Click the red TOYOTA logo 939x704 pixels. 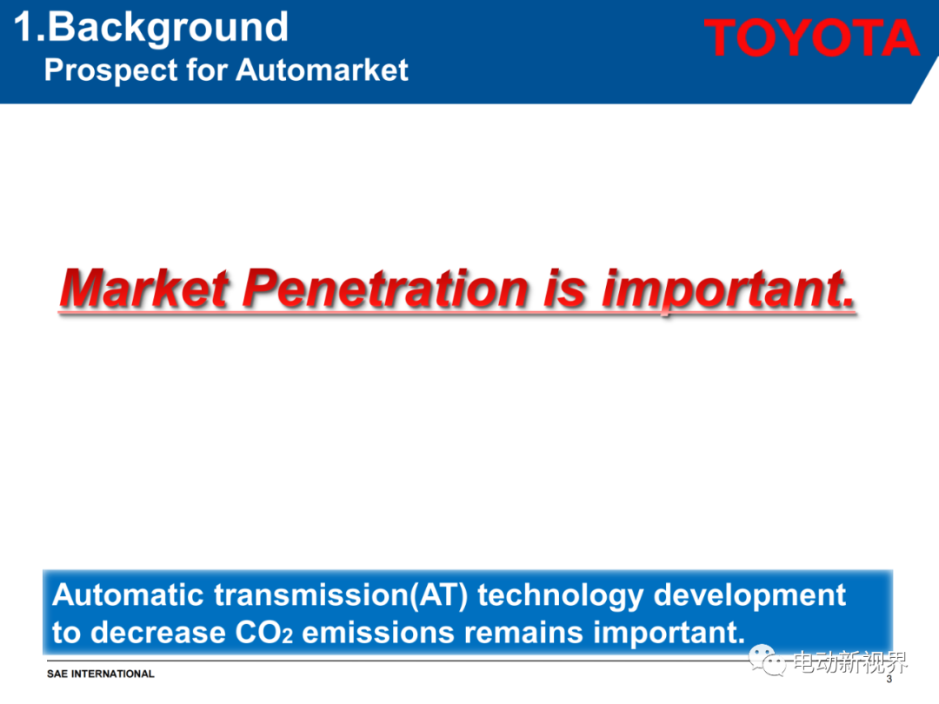pos(811,37)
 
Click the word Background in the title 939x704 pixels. pos(168,28)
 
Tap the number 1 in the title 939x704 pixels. pos(23,27)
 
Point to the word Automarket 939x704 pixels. pos(323,70)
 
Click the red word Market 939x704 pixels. pos(145,289)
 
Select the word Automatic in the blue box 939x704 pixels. pos(128,595)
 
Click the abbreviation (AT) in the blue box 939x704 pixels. pos(437,596)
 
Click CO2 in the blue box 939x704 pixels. pos(264,633)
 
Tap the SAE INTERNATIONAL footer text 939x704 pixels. pos(101,674)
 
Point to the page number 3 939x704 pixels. pos(889,679)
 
